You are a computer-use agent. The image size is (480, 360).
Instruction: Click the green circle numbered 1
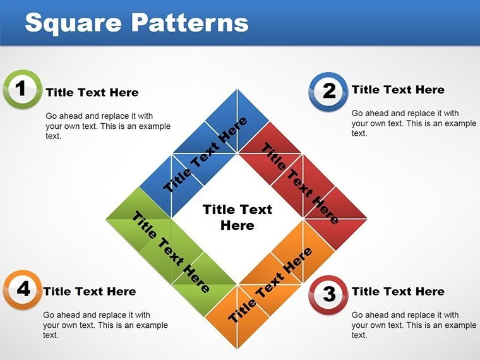click(x=21, y=89)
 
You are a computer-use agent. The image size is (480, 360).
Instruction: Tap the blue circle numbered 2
click(x=328, y=91)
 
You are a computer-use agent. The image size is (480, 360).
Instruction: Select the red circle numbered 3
click(x=328, y=294)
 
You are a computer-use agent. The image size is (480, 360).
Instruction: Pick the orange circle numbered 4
click(x=22, y=289)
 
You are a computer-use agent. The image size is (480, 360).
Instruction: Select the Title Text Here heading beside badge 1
click(x=92, y=92)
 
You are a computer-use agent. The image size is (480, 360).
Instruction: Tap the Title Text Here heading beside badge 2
click(x=398, y=90)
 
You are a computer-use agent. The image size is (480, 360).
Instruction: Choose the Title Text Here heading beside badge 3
click(x=398, y=291)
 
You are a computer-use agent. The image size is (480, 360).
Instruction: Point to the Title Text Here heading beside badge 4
click(x=90, y=291)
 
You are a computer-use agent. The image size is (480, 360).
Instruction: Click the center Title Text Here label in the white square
click(x=237, y=217)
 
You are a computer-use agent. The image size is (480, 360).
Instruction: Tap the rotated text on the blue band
click(x=205, y=155)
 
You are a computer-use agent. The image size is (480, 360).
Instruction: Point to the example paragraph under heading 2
click(x=414, y=123)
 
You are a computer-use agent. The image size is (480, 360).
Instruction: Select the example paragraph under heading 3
click(x=414, y=325)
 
